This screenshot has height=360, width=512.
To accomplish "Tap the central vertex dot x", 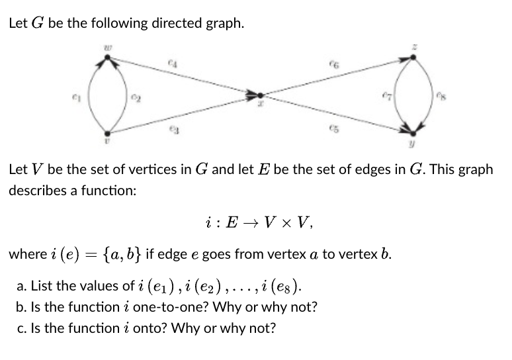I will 261,95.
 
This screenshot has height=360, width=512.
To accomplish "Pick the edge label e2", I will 136,97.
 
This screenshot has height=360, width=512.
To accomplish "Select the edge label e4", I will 171,64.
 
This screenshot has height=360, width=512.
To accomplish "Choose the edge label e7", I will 388,97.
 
